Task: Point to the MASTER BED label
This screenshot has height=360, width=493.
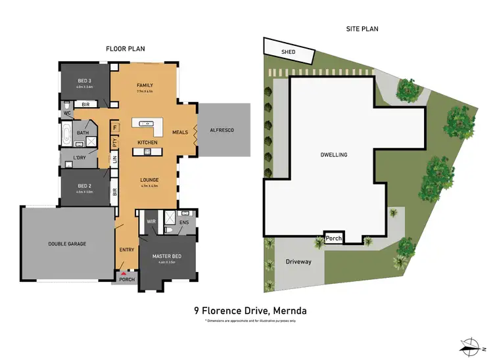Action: click(x=166, y=256)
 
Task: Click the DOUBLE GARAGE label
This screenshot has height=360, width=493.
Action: click(x=67, y=244)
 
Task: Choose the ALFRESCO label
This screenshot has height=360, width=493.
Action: click(x=222, y=130)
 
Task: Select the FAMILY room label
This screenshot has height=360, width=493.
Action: click(x=145, y=86)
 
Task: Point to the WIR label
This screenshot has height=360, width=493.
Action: click(x=151, y=221)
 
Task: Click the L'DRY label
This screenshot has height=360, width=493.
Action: click(x=81, y=158)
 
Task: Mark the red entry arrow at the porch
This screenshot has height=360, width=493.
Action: click(x=123, y=273)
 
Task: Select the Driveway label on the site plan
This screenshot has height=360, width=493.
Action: click(x=298, y=261)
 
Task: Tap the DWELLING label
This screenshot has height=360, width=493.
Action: click(x=335, y=155)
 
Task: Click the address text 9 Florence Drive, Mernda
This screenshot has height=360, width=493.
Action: click(x=250, y=310)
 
